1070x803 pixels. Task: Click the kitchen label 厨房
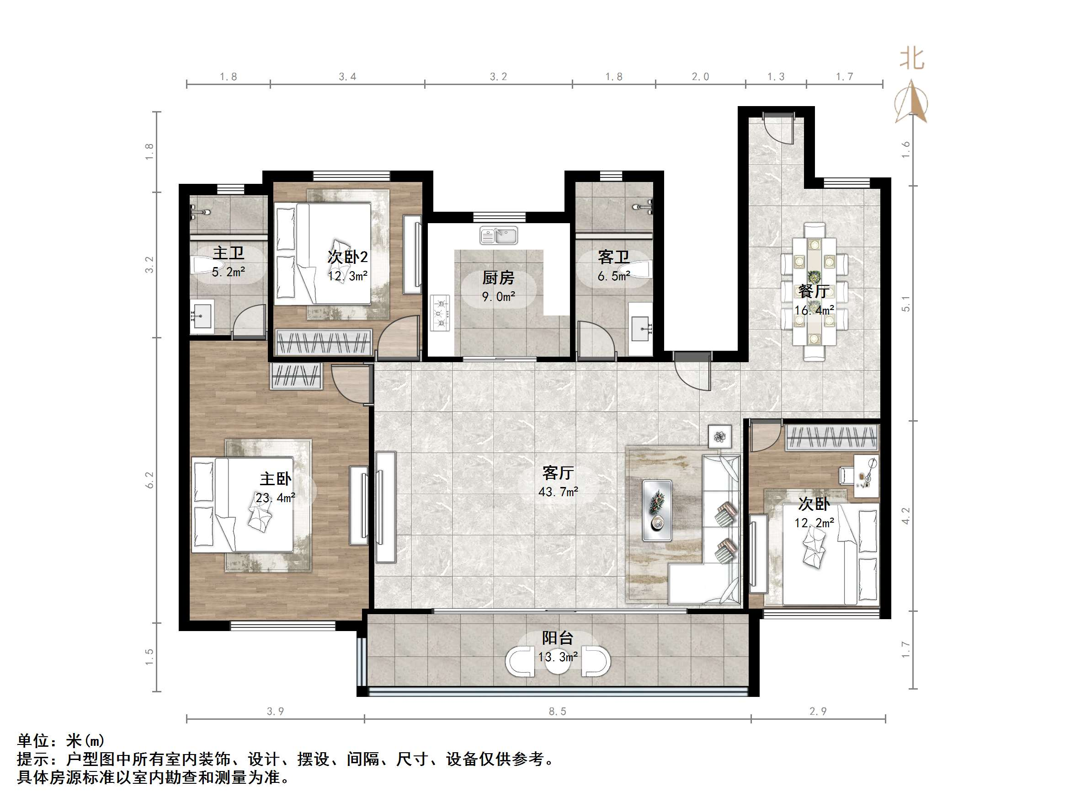[498, 278]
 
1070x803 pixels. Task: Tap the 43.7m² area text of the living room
[558, 492]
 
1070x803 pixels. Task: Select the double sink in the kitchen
[499, 236]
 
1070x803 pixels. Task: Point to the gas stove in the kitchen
[440, 313]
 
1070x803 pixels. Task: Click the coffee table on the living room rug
[656, 510]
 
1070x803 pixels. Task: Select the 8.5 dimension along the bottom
[557, 711]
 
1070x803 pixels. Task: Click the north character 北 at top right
[912, 59]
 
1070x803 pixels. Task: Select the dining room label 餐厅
[814, 291]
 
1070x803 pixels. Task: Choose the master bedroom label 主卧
[275, 479]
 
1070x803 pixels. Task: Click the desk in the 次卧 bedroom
[866, 476]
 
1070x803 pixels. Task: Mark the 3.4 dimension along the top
[347, 76]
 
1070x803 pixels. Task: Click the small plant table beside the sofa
[720, 437]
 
